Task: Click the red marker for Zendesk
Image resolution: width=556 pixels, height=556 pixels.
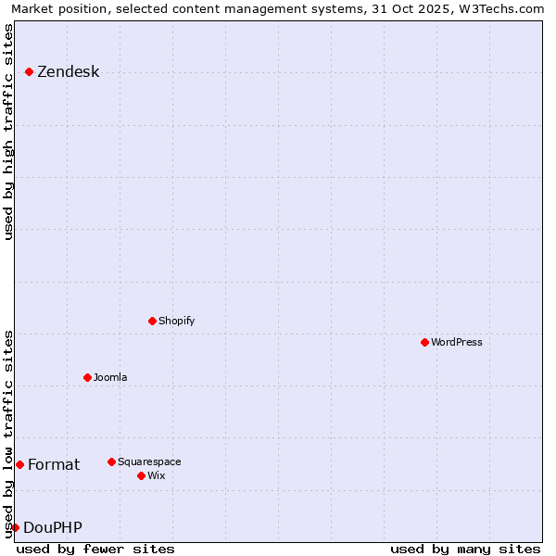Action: [29, 71]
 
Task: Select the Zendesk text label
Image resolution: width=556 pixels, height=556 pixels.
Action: [68, 72]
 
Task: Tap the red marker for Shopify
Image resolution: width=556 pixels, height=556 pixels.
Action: [152, 321]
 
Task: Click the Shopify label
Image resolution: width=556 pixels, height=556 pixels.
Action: [176, 321]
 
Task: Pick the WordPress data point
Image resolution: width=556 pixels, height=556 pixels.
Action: [424, 342]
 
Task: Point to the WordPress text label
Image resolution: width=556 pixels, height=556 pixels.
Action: [456, 342]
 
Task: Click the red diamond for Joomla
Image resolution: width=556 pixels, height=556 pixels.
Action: [87, 377]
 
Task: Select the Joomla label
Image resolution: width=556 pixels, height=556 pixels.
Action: [110, 377]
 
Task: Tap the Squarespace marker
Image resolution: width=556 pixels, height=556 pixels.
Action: [111, 461]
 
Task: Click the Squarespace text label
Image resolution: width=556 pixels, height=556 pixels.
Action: [149, 461]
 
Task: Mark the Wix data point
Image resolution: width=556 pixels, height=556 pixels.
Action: [141, 475]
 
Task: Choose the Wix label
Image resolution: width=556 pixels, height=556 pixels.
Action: [156, 475]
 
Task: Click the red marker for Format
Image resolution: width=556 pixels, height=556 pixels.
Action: [19, 464]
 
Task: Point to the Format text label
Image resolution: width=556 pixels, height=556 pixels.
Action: [54, 465]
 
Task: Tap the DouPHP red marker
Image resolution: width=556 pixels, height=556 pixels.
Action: [15, 527]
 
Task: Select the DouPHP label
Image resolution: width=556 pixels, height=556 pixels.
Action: [53, 528]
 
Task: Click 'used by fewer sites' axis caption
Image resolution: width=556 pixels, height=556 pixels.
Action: [95, 549]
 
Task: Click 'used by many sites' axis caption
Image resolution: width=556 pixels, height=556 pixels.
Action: [465, 549]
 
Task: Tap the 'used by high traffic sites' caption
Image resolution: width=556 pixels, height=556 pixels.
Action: [9, 132]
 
